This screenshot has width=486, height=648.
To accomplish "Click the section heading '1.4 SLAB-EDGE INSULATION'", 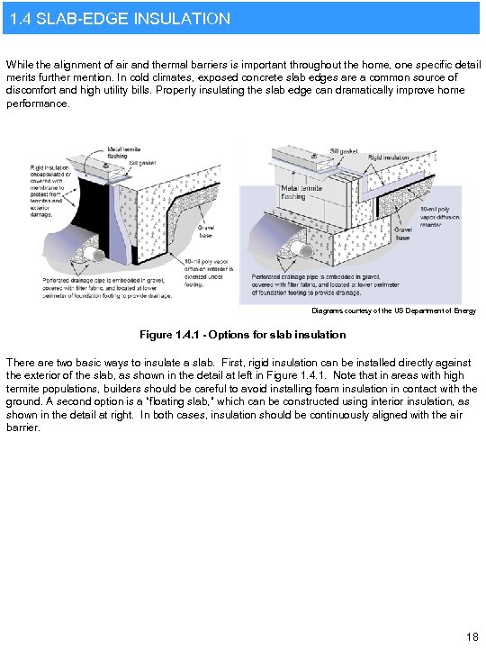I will [x=117, y=18].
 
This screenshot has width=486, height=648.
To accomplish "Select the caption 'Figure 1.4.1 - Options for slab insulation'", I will [x=242, y=335].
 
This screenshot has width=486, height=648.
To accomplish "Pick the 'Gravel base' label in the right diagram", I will [x=403, y=234].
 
